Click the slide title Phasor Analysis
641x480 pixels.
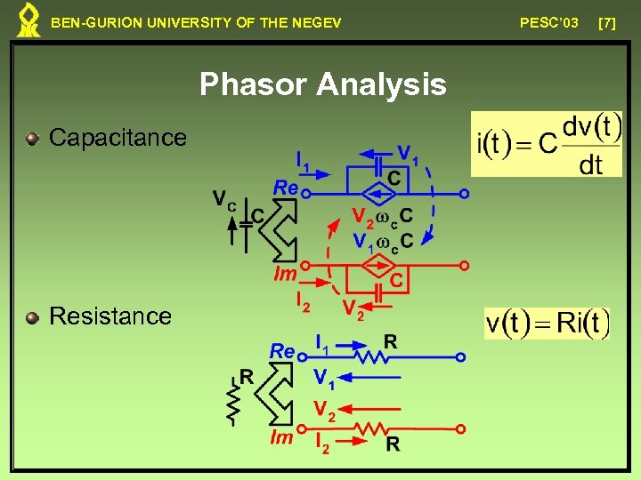[322, 84]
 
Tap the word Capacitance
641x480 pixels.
[118, 138]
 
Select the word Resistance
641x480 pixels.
[110, 316]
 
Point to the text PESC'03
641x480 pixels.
[548, 22]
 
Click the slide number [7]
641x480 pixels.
[607, 22]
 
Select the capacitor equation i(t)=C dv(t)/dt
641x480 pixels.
[547, 144]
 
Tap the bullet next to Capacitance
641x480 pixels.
[33, 139]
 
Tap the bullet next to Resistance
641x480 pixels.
[33, 316]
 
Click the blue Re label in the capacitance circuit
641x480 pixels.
[285, 188]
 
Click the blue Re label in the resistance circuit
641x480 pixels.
[281, 351]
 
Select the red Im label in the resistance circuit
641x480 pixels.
[282, 436]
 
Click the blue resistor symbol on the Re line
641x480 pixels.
[370, 357]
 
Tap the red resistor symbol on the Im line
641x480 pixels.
[370, 429]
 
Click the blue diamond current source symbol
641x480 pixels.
[379, 193]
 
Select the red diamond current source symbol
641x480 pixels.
[379, 265]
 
